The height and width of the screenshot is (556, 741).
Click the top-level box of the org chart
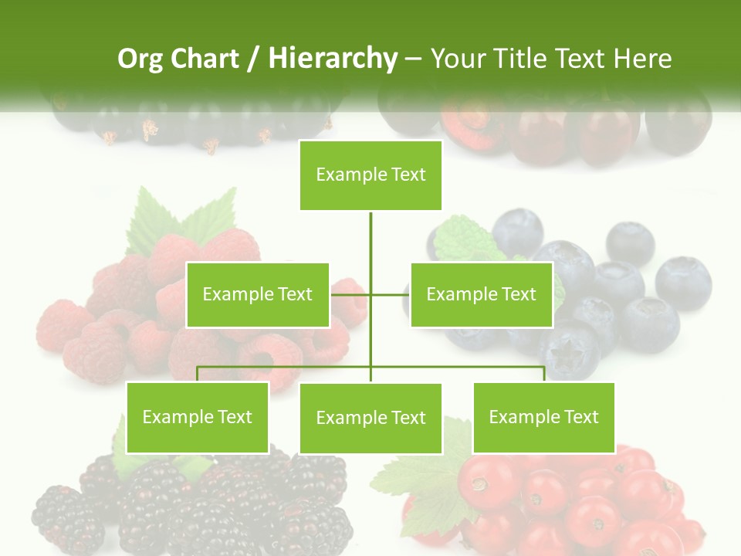pyautogui.click(x=370, y=175)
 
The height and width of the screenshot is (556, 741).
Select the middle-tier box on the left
pyautogui.click(x=258, y=294)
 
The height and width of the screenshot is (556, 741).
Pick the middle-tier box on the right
pyautogui.click(x=481, y=294)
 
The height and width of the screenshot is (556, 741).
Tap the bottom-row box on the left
pyautogui.click(x=198, y=417)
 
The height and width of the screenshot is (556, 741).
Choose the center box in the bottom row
pyautogui.click(x=370, y=418)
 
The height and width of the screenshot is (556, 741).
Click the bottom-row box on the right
pyautogui.click(x=543, y=417)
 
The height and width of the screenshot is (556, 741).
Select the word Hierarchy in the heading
pyautogui.click(x=333, y=59)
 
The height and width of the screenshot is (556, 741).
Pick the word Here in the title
pyautogui.click(x=642, y=59)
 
